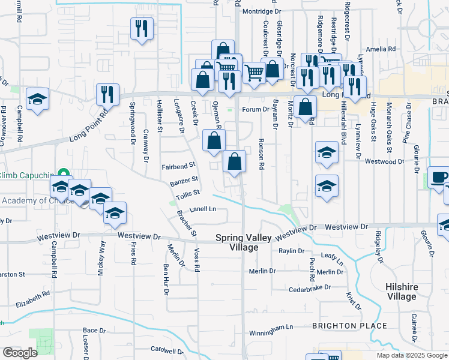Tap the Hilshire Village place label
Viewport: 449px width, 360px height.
pos(402,292)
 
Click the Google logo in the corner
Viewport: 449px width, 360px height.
pos(20,352)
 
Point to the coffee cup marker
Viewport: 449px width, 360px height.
pos(439,178)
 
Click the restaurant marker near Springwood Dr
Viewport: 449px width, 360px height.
pos(107,94)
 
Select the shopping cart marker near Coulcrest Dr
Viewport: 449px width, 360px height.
pos(254,73)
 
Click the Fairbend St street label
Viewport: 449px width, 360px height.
pos(179,164)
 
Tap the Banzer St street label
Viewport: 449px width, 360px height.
pos(184,180)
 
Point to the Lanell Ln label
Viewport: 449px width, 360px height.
pos(202,209)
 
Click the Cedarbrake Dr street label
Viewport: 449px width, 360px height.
pos(310,287)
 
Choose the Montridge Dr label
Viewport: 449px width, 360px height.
pos(262,11)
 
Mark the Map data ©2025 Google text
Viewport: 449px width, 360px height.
pos(411,355)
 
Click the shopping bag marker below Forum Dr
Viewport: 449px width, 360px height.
pos(306,108)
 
